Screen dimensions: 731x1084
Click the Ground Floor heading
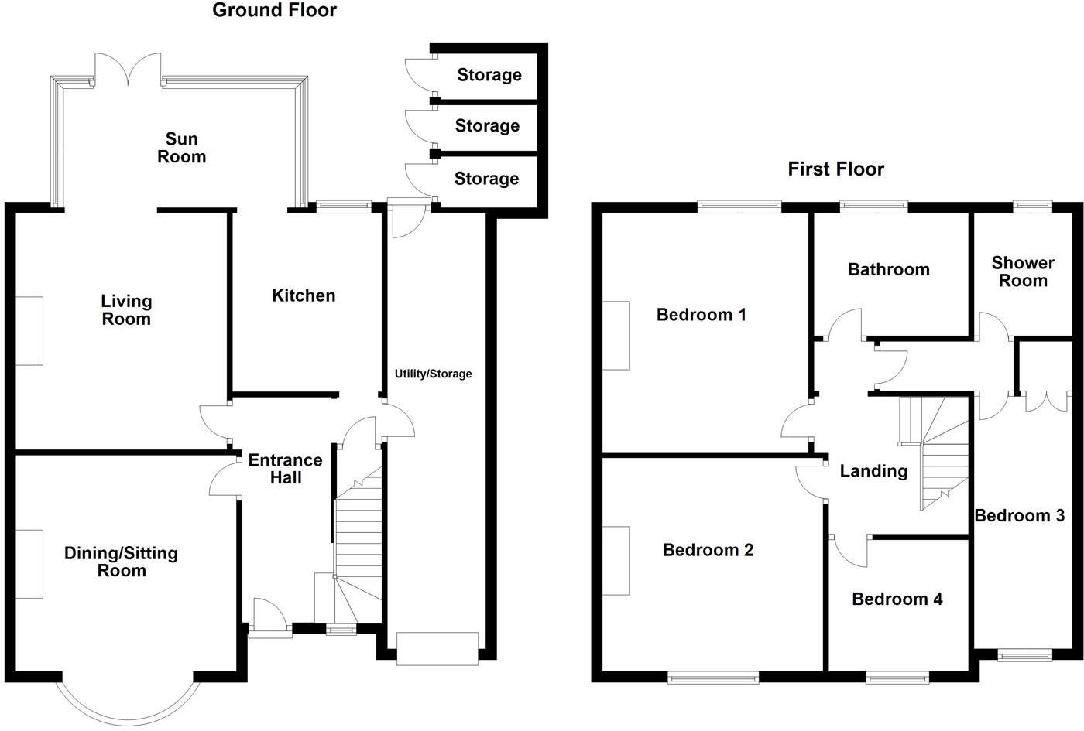point(274,10)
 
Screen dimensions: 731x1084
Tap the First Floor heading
point(835,169)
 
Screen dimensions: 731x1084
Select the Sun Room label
point(182,148)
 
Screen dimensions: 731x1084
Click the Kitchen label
point(304,295)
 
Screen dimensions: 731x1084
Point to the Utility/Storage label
point(433,374)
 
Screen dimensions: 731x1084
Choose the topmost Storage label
point(489,75)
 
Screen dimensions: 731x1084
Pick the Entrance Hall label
point(285,469)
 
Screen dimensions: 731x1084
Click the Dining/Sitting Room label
point(121,562)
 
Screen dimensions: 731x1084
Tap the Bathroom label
point(888,269)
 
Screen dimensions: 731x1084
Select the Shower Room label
point(1023,272)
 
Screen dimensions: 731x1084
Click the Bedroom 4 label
point(897,599)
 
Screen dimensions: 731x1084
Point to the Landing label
point(873,471)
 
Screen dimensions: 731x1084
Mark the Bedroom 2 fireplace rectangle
point(616,561)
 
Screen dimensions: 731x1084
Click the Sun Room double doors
point(129,68)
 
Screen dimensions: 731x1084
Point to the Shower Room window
point(1032,206)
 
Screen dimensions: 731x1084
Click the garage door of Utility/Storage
point(437,648)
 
